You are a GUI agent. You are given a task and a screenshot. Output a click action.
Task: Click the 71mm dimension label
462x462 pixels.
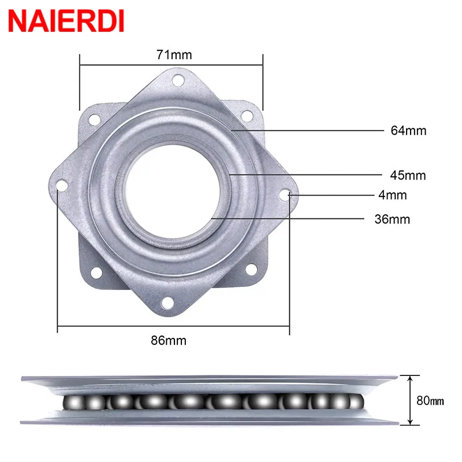(x=173, y=55)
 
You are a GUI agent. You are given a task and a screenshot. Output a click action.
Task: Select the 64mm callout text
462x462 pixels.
(x=408, y=131)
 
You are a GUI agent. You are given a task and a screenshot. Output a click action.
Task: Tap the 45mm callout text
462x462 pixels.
(x=408, y=175)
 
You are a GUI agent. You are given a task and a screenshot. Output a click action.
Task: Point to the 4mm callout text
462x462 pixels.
(x=393, y=195)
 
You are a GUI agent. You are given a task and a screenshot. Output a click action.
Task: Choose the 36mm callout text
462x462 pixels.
(x=393, y=219)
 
